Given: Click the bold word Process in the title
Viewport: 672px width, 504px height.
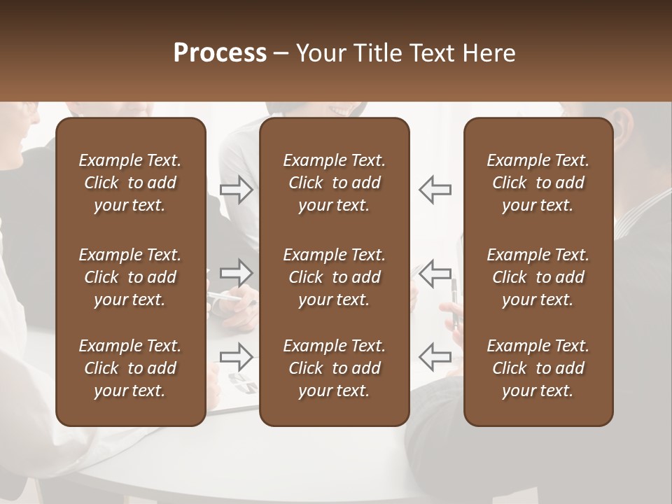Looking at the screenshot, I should [220, 53].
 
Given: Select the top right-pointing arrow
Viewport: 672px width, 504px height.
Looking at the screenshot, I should [237, 189].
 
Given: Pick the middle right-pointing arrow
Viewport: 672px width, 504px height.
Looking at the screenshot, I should [237, 273].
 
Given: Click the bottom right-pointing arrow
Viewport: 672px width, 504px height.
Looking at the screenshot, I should [237, 357].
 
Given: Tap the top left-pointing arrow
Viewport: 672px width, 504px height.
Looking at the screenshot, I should [435, 189].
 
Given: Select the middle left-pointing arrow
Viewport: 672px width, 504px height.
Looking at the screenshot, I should [435, 273].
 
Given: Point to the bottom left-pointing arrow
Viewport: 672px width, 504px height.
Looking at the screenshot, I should [435, 357].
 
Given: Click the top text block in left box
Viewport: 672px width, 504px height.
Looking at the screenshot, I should [130, 183].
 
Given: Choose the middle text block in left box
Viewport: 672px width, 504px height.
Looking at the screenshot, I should [130, 277].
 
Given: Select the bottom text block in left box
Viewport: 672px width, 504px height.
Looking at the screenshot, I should [130, 368].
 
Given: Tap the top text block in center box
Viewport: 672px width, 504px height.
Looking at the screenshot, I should [334, 183].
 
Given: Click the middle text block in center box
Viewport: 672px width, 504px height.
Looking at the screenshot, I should [334, 277].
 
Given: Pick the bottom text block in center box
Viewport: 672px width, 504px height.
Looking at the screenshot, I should [334, 368].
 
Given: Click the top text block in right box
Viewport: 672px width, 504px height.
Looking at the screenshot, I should [538, 183].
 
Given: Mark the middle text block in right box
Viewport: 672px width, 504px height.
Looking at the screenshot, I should [538, 277].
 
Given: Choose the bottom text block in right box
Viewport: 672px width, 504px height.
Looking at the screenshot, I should [538, 368].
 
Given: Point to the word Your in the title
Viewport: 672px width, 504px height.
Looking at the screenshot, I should [318, 53].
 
